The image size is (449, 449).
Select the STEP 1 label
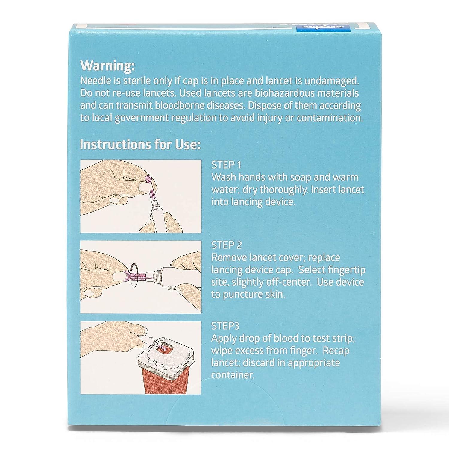[x=226, y=165]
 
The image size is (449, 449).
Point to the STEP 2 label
[x=226, y=245]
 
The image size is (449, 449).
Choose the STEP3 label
[x=225, y=326]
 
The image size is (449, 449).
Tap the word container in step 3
[x=233, y=375]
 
